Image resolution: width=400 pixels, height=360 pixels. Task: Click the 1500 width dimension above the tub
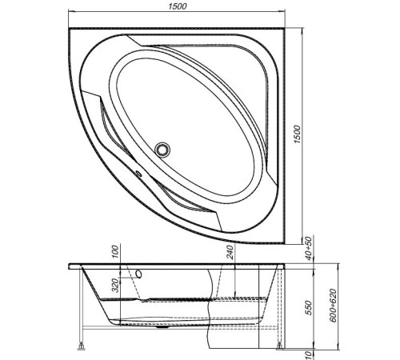(x=178, y=7)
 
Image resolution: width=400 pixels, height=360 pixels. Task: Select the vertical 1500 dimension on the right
(x=298, y=130)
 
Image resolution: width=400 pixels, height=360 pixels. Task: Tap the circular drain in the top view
(x=165, y=148)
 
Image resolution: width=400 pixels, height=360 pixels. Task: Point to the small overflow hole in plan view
(x=136, y=172)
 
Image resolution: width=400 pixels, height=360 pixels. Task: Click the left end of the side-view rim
(x=70, y=264)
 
